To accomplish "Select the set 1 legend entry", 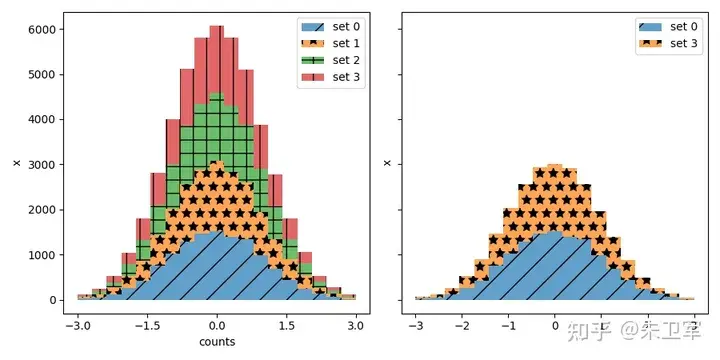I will point(330,43).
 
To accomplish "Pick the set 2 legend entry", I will point(330,60).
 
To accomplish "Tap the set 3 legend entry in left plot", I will point(330,76).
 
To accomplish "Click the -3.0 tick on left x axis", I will point(77,326).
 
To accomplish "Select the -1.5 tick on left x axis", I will point(147,326).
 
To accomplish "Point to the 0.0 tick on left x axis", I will point(217,326).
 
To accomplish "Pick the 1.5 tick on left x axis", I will point(286,326).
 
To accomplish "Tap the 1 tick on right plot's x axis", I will point(601,326).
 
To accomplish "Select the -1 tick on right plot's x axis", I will point(507,326).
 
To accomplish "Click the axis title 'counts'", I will point(217,342).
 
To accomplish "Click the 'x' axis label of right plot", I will point(387,163).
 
